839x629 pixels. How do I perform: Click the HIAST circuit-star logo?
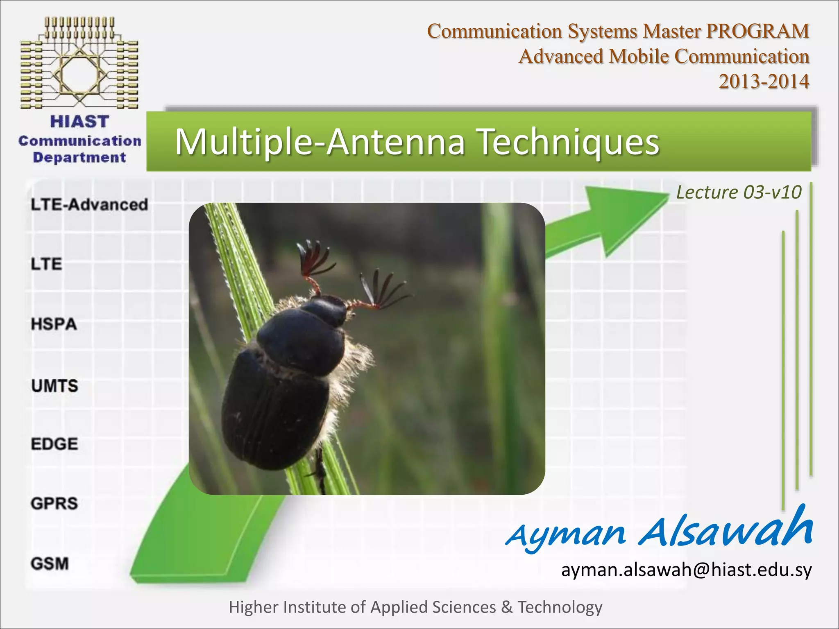[79, 63]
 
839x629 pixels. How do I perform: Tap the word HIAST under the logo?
[79, 122]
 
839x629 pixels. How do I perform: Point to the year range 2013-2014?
[764, 81]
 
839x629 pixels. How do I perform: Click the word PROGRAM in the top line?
[758, 32]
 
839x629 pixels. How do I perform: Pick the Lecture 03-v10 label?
[738, 192]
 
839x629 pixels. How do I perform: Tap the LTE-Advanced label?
[89, 204]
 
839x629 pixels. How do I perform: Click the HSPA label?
[54, 324]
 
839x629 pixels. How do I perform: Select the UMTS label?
[54, 386]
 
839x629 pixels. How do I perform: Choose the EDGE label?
[54, 444]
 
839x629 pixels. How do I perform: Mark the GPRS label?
[54, 503]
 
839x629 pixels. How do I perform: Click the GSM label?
[50, 563]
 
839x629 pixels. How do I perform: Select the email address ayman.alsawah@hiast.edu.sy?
[686, 570]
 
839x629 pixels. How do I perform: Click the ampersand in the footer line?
[506, 607]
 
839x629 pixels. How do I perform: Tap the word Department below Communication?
[79, 158]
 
